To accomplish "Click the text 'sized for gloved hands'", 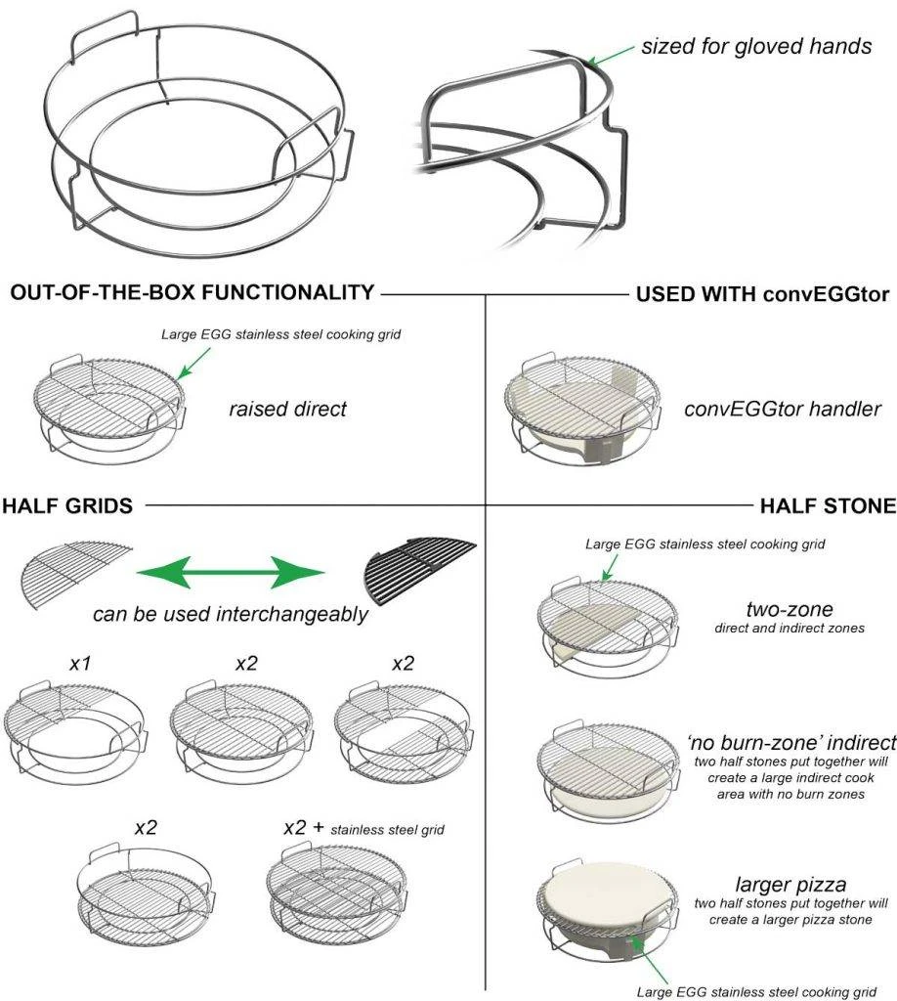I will pos(755,46).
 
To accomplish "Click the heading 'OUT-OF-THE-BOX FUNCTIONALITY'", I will pos(192,292).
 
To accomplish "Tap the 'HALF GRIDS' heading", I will pos(67,505).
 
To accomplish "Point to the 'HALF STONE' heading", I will pos(828,505).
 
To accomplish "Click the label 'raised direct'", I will pos(288,409).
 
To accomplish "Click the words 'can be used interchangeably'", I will pos(230,615).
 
